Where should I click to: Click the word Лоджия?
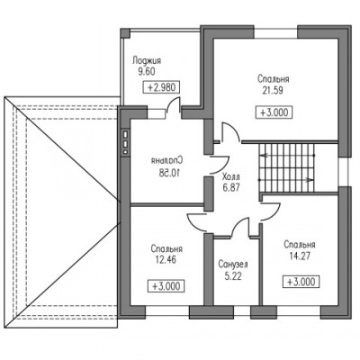pyautogui.click(x=147, y=61)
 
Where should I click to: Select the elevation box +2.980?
pyautogui.click(x=162, y=87)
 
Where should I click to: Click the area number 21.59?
pyautogui.click(x=273, y=91)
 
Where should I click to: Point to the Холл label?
pyautogui.click(x=231, y=176)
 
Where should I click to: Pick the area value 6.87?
pyautogui.click(x=231, y=188)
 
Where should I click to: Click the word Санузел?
pyautogui.click(x=233, y=265)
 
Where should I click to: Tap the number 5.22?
pyautogui.click(x=233, y=276)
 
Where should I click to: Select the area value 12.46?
pyautogui.click(x=166, y=260)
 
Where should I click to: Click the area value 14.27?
pyautogui.click(x=299, y=256)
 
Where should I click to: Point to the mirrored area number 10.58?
pyautogui.click(x=167, y=172)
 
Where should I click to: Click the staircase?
pyautogui.click(x=286, y=168)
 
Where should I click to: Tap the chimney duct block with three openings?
pyautogui.click(x=125, y=143)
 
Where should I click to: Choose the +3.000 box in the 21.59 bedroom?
pyautogui.click(x=274, y=112)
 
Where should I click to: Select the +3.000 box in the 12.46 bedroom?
pyautogui.click(x=166, y=286)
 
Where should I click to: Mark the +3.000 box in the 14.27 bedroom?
pyautogui.click(x=301, y=282)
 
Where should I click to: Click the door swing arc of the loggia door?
pyautogui.click(x=171, y=101)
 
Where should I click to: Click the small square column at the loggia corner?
pyautogui.click(x=125, y=33)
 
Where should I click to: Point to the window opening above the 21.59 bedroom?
pyautogui.click(x=276, y=32)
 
